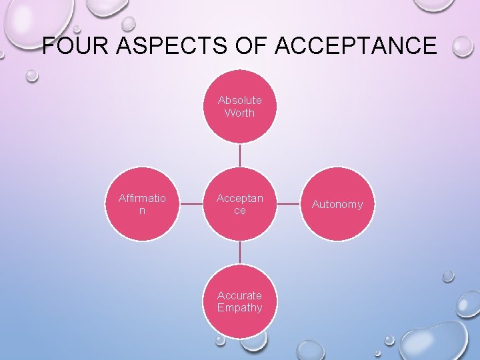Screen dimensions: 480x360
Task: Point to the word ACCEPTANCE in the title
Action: tap(355, 46)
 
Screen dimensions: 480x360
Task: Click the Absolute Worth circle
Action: tap(239, 107)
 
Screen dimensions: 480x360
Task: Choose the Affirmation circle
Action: tap(142, 204)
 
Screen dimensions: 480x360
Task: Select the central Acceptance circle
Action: tap(239, 204)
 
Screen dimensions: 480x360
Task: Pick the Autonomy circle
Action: tap(337, 204)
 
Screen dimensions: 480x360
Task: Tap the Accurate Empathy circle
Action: tap(239, 301)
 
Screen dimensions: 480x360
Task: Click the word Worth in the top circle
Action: tap(239, 113)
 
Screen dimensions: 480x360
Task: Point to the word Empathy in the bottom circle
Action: tap(239, 308)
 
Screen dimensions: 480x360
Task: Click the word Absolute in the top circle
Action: tap(239, 100)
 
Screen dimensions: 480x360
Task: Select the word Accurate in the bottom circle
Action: tap(239, 295)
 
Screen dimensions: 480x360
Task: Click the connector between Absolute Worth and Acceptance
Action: tap(239, 155)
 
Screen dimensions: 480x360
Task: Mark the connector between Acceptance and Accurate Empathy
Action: tap(239, 253)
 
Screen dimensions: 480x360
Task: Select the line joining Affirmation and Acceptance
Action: tap(191, 204)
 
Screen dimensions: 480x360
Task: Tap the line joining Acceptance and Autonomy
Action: tap(288, 204)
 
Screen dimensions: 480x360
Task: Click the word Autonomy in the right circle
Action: tap(337, 204)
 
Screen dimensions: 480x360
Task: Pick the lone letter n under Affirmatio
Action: tap(142, 211)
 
